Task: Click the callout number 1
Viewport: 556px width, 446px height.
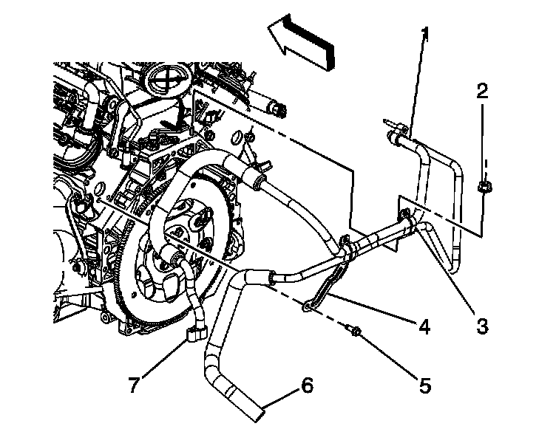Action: tap(424, 33)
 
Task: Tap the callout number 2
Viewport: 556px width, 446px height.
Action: tap(482, 92)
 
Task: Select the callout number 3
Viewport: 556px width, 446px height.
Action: tap(482, 325)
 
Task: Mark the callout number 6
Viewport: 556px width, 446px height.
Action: tap(307, 385)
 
